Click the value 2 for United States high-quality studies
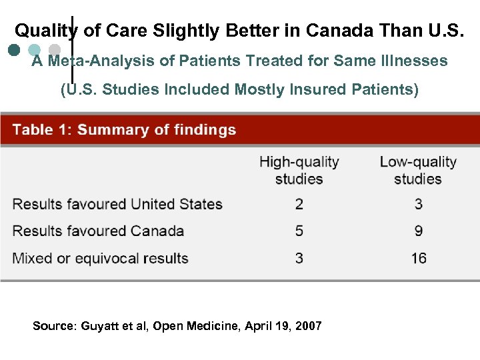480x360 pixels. (299, 204)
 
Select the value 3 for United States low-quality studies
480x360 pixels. (418, 204)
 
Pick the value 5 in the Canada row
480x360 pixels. (299, 231)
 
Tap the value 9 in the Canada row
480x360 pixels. (418, 231)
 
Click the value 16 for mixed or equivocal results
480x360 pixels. (418, 258)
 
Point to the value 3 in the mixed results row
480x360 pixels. (299, 258)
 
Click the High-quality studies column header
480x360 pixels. (299, 170)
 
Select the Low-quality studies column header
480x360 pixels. (418, 170)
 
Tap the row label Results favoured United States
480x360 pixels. (117, 204)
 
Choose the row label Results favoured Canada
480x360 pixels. (98, 231)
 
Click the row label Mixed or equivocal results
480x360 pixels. (101, 258)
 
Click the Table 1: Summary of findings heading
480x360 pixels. (124, 129)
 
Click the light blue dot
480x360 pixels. (36, 50)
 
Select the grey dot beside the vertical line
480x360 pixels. (55, 50)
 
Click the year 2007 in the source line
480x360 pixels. (309, 326)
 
